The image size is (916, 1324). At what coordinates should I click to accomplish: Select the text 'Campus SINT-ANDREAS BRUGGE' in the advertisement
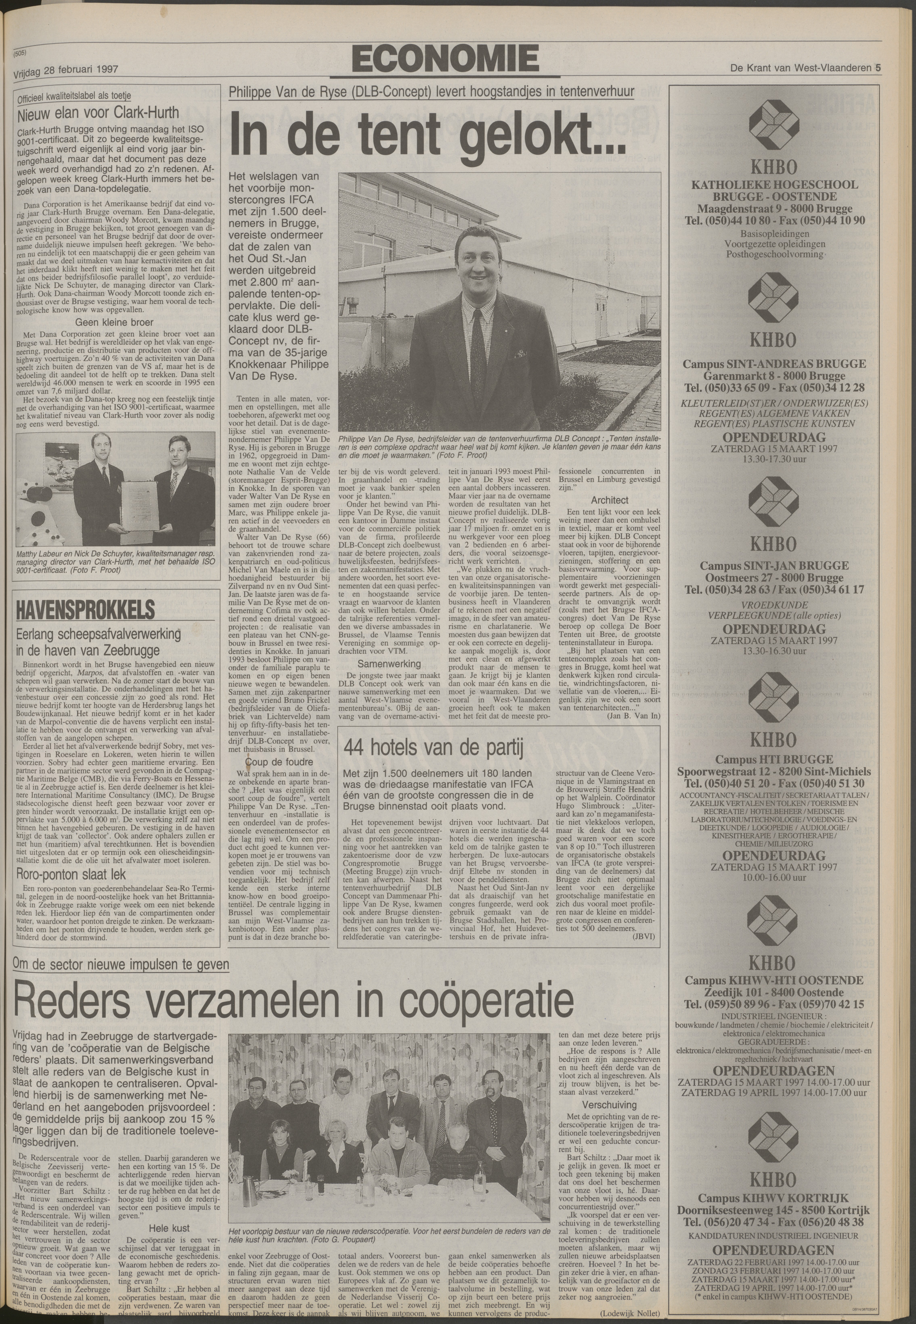point(775,364)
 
